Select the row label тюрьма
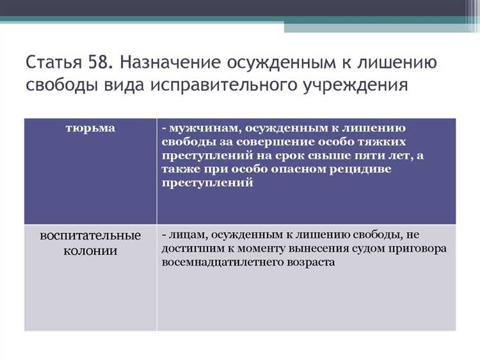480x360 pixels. pos(90,128)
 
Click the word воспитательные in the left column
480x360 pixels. pos(90,235)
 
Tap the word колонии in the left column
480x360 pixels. pos(90,250)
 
